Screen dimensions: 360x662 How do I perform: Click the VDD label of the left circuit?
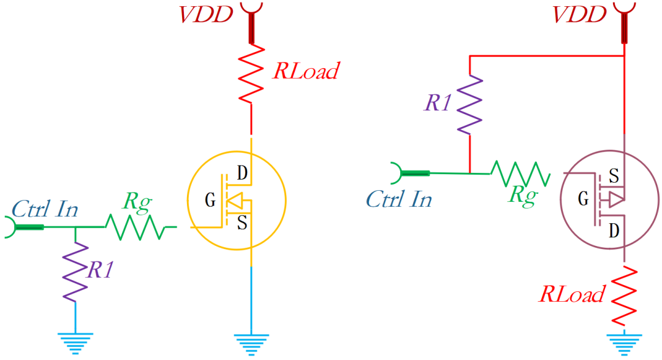[x=205, y=14]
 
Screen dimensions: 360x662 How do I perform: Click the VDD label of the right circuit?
[x=579, y=14]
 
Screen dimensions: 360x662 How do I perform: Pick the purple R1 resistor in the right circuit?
[x=470, y=105]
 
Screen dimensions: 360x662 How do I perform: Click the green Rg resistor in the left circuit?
[x=135, y=227]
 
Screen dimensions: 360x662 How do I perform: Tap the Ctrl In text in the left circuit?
[x=45, y=209]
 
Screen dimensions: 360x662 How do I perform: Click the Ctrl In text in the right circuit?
[x=399, y=199]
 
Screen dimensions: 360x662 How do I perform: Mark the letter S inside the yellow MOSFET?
[x=242, y=223]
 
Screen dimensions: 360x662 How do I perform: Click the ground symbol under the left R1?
[x=75, y=342]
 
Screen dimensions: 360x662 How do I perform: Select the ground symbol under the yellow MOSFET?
[x=251, y=342]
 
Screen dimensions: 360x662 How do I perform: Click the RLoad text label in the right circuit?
[x=571, y=294]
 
